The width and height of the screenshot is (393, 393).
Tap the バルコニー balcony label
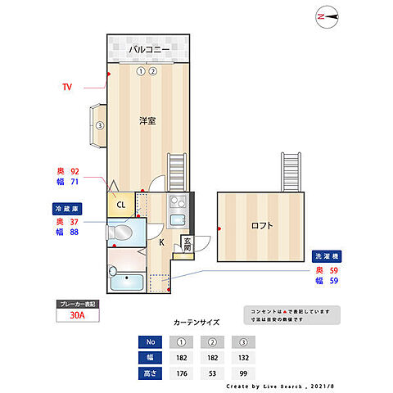pyautogui.click(x=148, y=50)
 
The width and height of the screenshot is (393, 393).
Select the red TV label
pyautogui.click(x=68, y=85)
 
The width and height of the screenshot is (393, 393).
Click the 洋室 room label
pyautogui.click(x=147, y=120)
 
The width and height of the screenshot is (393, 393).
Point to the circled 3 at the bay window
pyautogui.click(x=99, y=125)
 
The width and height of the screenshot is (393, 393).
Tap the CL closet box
pyautogui.click(x=120, y=205)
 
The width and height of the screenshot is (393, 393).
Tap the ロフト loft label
pyautogui.click(x=261, y=225)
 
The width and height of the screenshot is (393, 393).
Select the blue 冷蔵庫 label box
pyautogui.click(x=67, y=209)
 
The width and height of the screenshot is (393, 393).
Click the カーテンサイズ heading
pyautogui.click(x=196, y=322)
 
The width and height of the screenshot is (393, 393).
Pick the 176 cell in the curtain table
pyautogui.click(x=182, y=373)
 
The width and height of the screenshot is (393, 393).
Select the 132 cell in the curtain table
pyautogui.click(x=243, y=357)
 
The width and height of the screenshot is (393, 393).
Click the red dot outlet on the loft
pyautogui.click(x=219, y=230)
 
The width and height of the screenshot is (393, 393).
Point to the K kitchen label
pyautogui.click(x=160, y=242)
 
